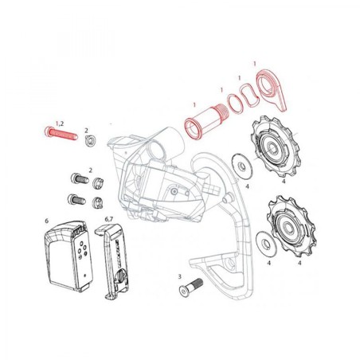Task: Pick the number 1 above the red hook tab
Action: click(254, 62)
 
